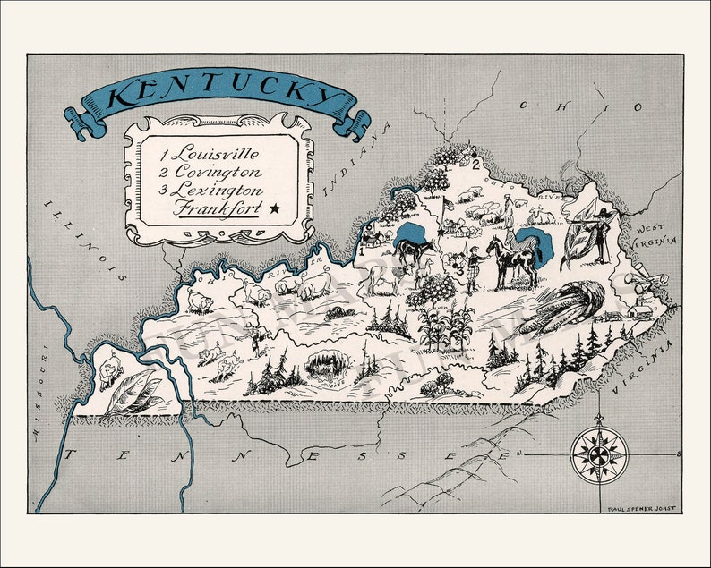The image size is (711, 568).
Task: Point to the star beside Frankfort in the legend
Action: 274,209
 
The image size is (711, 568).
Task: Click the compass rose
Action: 599,454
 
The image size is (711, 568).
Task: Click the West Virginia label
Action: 659,234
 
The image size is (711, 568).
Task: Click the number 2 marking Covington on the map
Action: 475,162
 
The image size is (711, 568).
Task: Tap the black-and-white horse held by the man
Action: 514,261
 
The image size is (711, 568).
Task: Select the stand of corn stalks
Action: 449,326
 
